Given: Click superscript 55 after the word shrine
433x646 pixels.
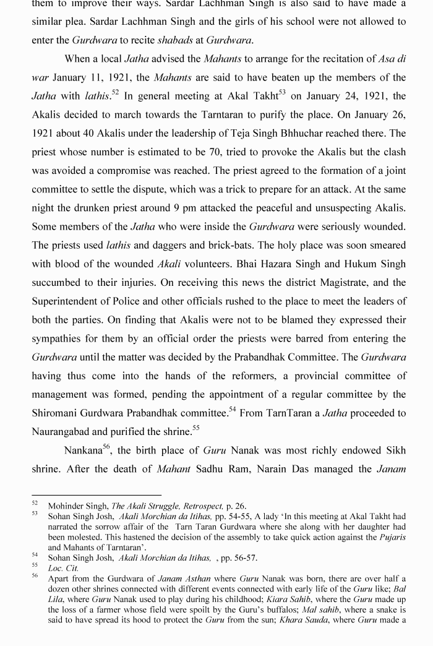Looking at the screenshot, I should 195,428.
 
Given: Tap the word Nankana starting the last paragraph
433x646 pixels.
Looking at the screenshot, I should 84,450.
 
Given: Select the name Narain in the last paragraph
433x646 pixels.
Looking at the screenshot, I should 260,469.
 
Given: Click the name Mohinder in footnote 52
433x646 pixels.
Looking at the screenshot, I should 65,506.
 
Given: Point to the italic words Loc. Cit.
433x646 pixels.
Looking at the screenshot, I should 63,568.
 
